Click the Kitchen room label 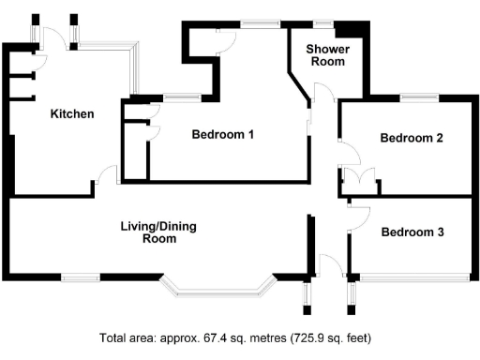coord(72,114)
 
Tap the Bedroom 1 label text coord(223,134)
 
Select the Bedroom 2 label coord(412,138)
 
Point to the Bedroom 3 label coord(412,232)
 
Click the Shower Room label coord(328,54)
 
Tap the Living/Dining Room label coord(158,232)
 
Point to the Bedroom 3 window coord(413,276)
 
